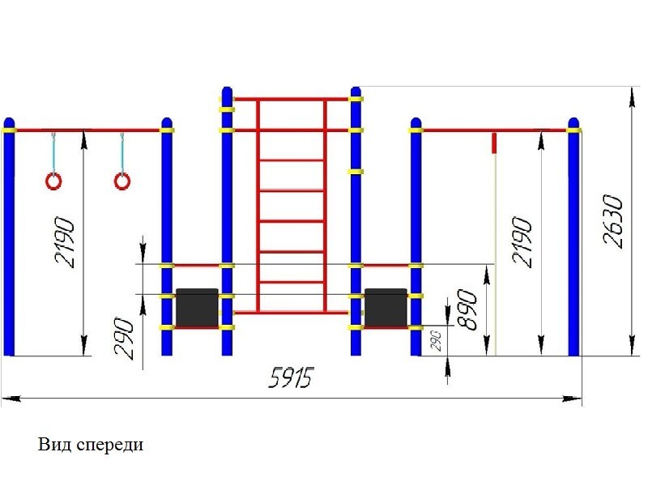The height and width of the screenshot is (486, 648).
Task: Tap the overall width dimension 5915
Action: pyautogui.click(x=291, y=377)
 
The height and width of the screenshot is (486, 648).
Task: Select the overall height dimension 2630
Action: pyautogui.click(x=612, y=221)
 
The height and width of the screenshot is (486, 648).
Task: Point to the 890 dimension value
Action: pyautogui.click(x=467, y=309)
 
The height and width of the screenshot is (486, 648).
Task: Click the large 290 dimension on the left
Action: pyautogui.click(x=125, y=338)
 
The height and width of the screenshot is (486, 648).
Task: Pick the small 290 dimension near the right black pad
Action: pyautogui.click(x=437, y=340)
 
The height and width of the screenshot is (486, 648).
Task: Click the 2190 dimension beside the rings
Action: pyautogui.click(x=65, y=242)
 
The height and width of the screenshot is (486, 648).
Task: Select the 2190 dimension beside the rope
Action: pyautogui.click(x=522, y=242)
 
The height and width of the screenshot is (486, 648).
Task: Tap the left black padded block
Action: pyautogui.click(x=197, y=308)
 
